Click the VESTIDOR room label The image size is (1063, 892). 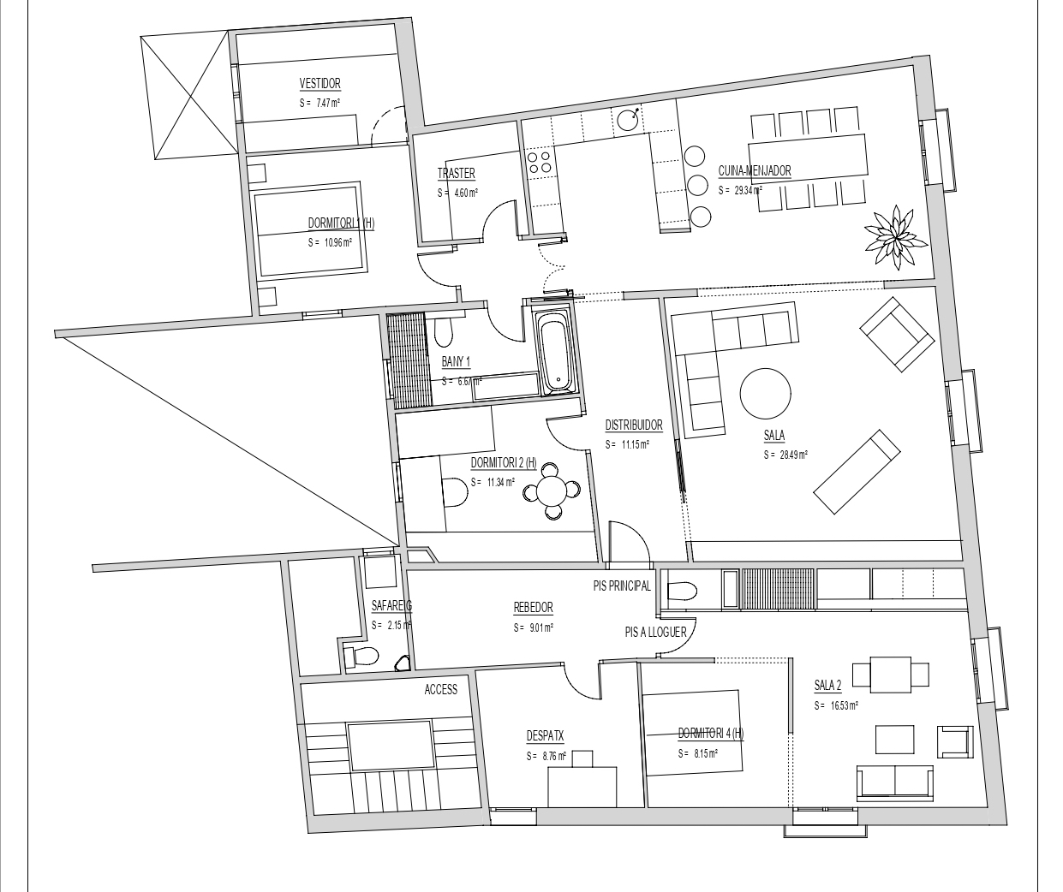tap(319, 84)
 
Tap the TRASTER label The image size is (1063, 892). tap(456, 174)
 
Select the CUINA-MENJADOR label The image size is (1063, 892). tap(755, 171)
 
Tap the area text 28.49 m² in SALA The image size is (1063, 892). tap(786, 455)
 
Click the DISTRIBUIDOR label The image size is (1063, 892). tap(634, 425)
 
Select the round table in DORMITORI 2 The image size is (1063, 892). tap(552, 491)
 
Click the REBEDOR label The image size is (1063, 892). tap(533, 608)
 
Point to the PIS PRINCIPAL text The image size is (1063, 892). tap(622, 586)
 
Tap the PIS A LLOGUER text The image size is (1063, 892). tap(655, 632)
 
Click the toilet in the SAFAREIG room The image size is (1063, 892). tap(361, 657)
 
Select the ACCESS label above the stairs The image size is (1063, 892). tap(440, 689)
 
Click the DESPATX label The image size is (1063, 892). tap(545, 735)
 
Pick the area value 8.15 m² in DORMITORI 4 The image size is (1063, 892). tap(698, 754)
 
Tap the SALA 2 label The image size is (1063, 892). tap(828, 685)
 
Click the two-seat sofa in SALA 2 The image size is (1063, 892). tap(894, 782)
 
